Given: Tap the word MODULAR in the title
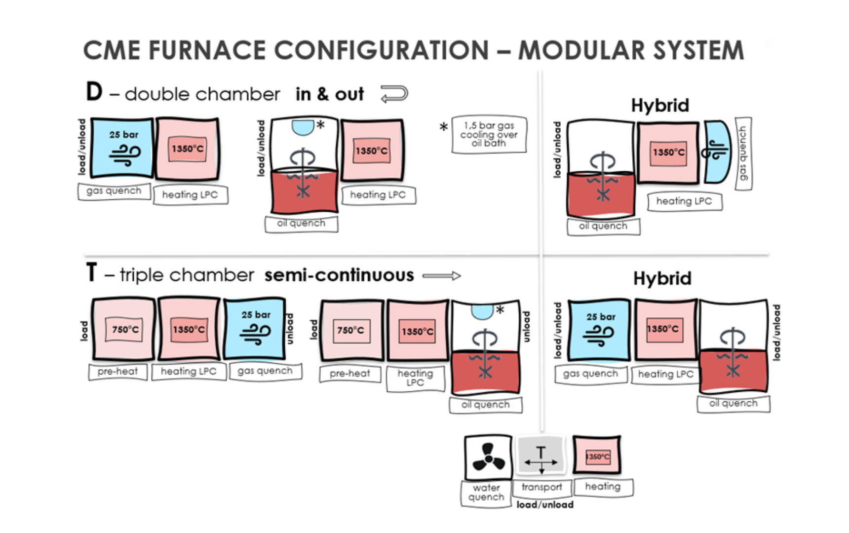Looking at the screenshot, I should coord(580,50).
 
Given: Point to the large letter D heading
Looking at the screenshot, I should coord(94,92).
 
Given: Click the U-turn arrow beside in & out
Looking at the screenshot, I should coord(394,93).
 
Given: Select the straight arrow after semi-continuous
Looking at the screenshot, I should coord(441,276).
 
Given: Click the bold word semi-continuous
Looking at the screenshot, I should coord(339,275).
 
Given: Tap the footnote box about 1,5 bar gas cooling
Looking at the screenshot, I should coord(489,134).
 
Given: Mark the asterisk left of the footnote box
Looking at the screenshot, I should coord(444,127).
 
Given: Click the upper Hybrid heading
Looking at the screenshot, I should coord(660,105).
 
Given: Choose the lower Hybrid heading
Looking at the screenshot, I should coord(662,278).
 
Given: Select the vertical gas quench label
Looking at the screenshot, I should coord(743,153).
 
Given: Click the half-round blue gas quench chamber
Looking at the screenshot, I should coord(717,152).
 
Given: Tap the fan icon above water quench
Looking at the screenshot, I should coord(488,457).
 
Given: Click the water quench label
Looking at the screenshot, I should coord(486,493).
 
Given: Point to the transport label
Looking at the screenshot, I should coord(541,487).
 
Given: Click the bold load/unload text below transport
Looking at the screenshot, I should coord(545,505).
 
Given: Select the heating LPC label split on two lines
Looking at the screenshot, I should coord(415,378).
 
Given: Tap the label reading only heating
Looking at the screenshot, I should coord(603,487).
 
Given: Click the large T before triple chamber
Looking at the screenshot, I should coord(91,273).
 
